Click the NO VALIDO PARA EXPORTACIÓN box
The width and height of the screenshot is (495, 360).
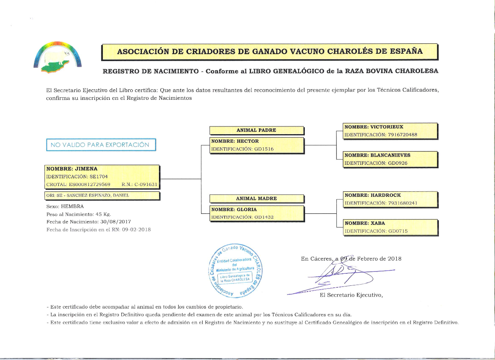[x=101, y=145]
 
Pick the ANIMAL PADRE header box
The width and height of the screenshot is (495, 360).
[x=256, y=130]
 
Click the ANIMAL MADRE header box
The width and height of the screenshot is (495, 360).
[x=256, y=198]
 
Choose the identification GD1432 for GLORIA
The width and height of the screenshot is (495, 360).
[x=264, y=217]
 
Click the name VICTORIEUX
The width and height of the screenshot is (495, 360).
[x=386, y=127]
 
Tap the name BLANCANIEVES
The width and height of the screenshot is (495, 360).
[x=390, y=155]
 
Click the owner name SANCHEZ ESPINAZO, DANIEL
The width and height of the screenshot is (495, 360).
[x=98, y=196]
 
